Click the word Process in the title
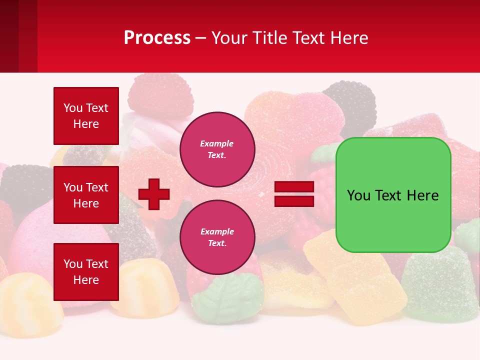pos(157,38)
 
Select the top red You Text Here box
pos(86,116)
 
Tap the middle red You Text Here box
pos(86,195)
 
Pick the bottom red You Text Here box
pos(86,271)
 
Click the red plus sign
pos(154,194)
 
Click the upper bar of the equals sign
pos(294,187)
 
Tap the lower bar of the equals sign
pos(294,201)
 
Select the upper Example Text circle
pos(217,149)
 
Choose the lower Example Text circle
pos(217,237)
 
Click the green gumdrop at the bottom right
pos(440,285)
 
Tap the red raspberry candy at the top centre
pos(160,92)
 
